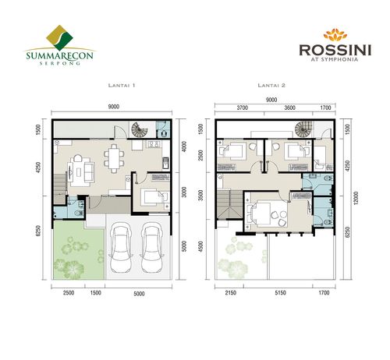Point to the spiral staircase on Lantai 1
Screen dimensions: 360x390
pos(140,129)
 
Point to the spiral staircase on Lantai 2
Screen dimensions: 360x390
pos(302,129)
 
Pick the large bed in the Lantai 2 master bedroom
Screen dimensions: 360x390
pos(269,213)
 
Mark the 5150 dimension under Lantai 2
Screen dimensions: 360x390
pos(268,294)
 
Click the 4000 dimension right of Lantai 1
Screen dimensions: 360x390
pos(183,147)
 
